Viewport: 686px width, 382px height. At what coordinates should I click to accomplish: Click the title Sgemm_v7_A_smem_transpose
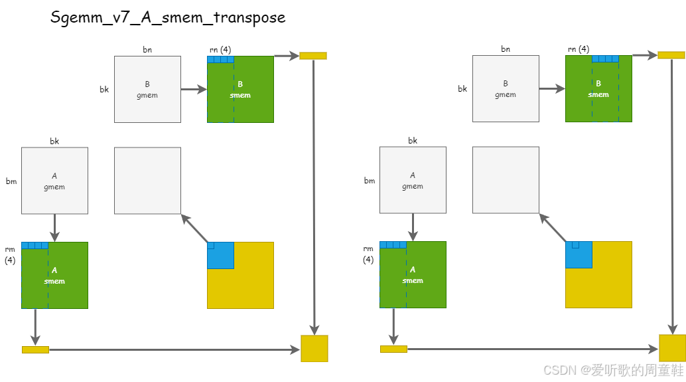168,17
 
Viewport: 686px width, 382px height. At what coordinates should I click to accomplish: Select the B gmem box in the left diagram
147,89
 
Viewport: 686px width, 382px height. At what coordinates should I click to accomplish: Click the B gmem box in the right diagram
506,89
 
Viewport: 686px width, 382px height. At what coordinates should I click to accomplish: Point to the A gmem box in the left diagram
54,181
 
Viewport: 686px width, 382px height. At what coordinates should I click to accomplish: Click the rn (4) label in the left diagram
220,49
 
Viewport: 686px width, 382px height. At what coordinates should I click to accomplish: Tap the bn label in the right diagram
506,49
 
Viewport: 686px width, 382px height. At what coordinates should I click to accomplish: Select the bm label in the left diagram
11,181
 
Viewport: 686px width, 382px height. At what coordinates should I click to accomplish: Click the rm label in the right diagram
368,249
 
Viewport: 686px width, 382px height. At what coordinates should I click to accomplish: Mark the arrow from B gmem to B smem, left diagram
194,89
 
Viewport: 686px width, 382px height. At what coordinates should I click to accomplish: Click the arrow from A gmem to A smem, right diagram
413,227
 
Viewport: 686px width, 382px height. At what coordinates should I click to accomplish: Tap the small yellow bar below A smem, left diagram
35,349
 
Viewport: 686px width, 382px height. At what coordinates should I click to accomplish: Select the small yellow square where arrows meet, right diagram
672,348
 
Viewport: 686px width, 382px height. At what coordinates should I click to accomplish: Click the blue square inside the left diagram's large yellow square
220,256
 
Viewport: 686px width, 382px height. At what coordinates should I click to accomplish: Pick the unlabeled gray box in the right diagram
506,180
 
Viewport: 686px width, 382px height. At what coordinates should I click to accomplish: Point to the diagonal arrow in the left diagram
195,228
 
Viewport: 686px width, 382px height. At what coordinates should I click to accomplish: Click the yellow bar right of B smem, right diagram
671,55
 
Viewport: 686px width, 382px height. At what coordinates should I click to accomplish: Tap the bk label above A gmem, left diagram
54,141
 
